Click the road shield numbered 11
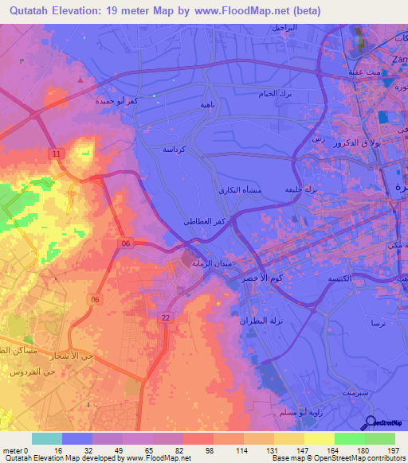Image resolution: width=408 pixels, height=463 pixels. pyautogui.click(x=56, y=152)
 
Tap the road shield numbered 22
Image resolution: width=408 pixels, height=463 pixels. pyautogui.click(x=166, y=317)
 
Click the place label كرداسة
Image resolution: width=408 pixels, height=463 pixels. pyautogui.click(x=175, y=149)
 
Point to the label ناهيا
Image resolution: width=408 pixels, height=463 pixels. pyautogui.click(x=183, y=104)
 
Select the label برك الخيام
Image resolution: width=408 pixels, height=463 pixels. pyautogui.click(x=281, y=95)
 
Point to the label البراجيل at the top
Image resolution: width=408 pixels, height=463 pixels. pyautogui.click(x=284, y=28)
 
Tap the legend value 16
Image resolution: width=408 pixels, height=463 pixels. pyautogui.click(x=47, y=449)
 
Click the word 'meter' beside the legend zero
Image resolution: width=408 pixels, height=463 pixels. pyautogui.click(x=10, y=449)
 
